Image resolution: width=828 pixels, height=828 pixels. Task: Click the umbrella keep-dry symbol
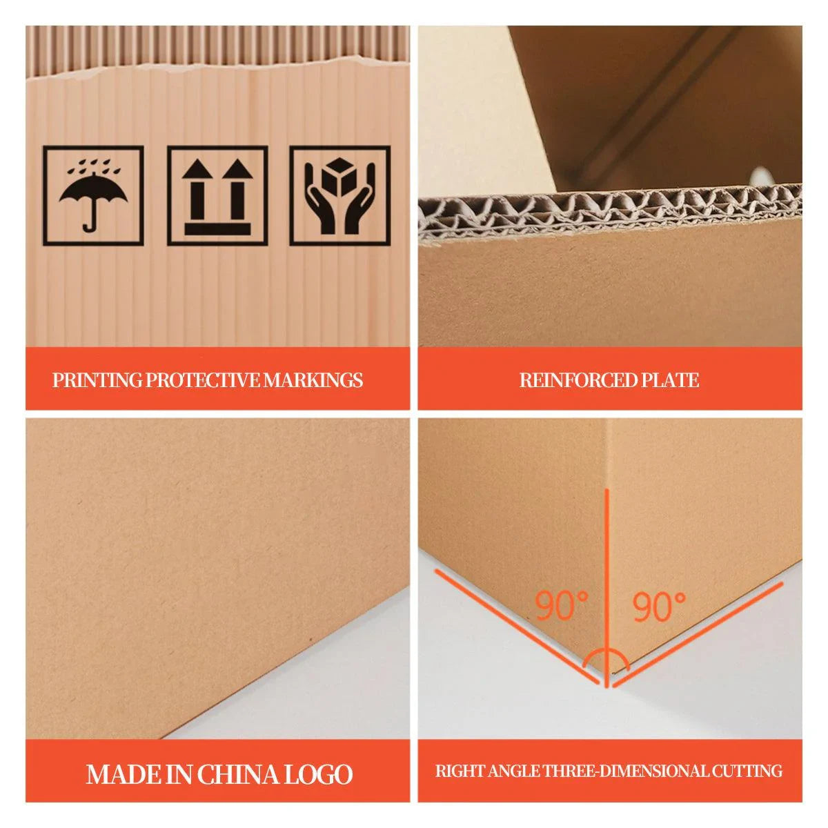(x=93, y=195)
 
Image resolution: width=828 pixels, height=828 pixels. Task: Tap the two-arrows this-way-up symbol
(x=217, y=195)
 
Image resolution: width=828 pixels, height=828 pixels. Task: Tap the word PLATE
(x=670, y=380)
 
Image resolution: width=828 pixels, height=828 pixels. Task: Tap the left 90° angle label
(x=562, y=607)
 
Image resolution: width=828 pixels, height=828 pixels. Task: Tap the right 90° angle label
(x=660, y=607)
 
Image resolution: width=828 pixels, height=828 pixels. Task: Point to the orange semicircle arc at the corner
(x=605, y=658)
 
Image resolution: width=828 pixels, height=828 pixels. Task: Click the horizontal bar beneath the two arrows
(x=217, y=228)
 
